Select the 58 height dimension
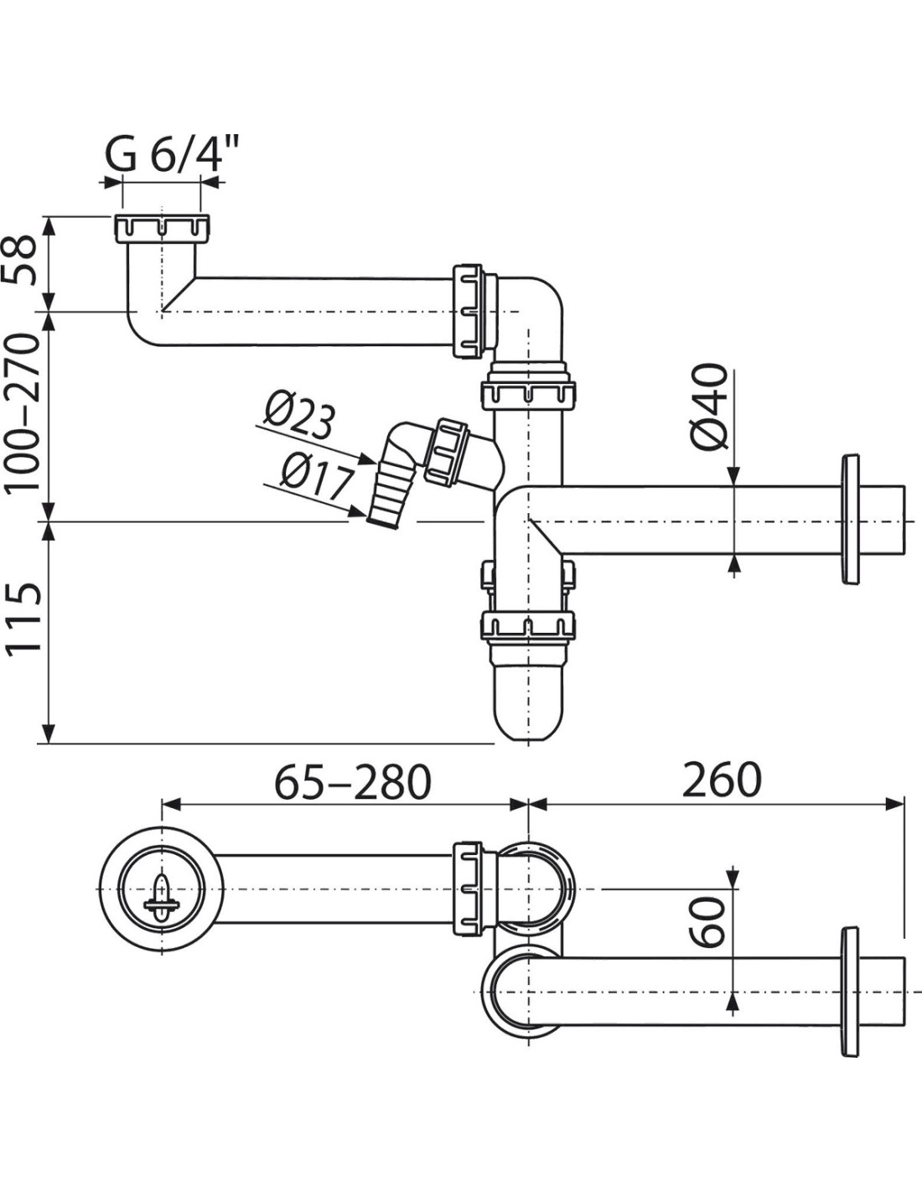point(22,261)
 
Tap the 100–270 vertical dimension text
point(22,412)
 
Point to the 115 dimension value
point(23,618)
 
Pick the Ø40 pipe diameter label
point(709,407)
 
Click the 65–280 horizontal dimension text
point(353,780)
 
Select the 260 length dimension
point(722,780)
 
